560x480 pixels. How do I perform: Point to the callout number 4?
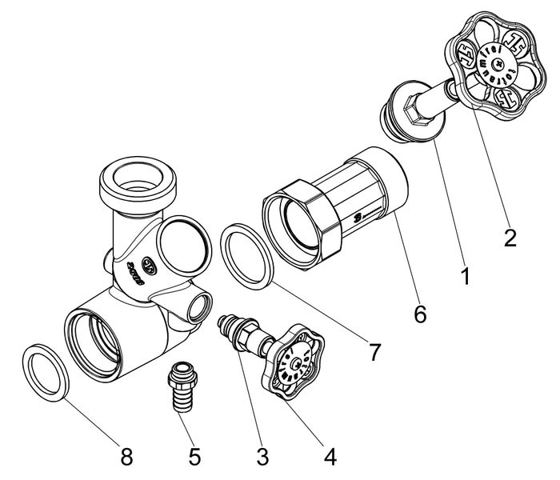pyautogui.click(x=330, y=457)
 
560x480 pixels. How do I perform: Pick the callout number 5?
pyautogui.click(x=194, y=457)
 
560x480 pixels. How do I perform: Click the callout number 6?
pyautogui.click(x=420, y=314)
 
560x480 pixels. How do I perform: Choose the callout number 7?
pyautogui.click(x=374, y=350)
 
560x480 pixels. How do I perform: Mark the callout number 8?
pyautogui.click(x=126, y=457)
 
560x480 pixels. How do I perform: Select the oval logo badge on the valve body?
pyautogui.click(x=150, y=263)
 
